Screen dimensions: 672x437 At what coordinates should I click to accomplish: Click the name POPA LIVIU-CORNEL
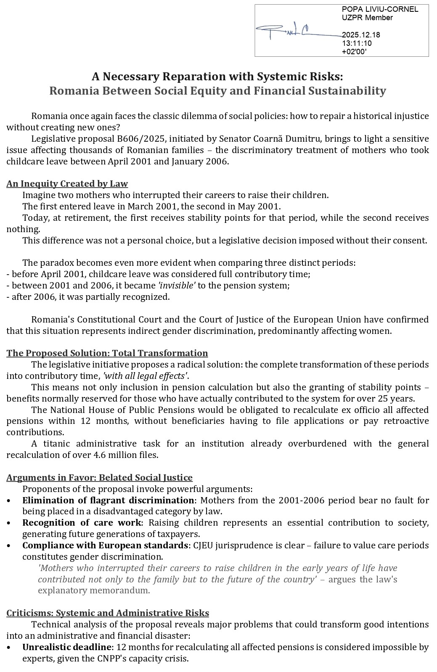click(380, 9)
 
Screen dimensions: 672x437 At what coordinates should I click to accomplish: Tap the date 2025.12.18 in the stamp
click(361, 35)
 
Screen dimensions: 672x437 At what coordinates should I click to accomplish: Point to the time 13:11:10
click(357, 43)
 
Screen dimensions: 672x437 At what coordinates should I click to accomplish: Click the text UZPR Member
click(367, 18)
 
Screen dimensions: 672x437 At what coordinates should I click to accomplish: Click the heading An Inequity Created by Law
click(67, 184)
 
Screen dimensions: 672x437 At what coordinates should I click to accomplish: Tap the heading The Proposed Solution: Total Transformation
click(107, 353)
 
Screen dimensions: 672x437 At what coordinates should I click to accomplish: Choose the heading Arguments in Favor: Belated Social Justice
click(99, 478)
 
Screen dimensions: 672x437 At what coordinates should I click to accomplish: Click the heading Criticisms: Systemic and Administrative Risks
click(108, 613)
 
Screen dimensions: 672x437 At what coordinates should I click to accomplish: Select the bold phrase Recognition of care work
click(82, 523)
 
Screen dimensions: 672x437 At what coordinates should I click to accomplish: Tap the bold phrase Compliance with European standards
click(105, 545)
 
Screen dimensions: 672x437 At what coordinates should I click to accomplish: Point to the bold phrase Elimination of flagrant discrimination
click(108, 500)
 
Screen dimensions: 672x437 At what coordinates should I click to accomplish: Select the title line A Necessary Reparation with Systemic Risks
click(217, 77)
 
